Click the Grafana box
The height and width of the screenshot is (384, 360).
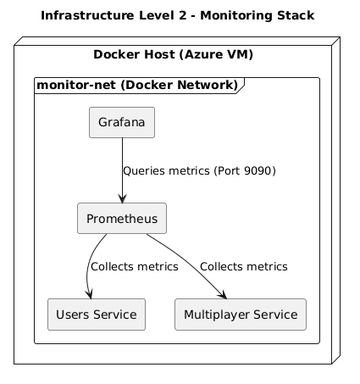pos(122,123)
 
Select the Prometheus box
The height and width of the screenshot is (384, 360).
pos(121,219)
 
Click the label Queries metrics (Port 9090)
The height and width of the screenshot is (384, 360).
pos(199,170)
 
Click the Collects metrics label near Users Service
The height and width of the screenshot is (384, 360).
pos(134,266)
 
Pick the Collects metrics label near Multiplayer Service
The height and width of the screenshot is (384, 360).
pos(244,266)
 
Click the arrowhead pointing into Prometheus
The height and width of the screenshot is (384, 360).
pos(122,199)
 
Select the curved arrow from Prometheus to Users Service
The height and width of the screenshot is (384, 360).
pos(88,263)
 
